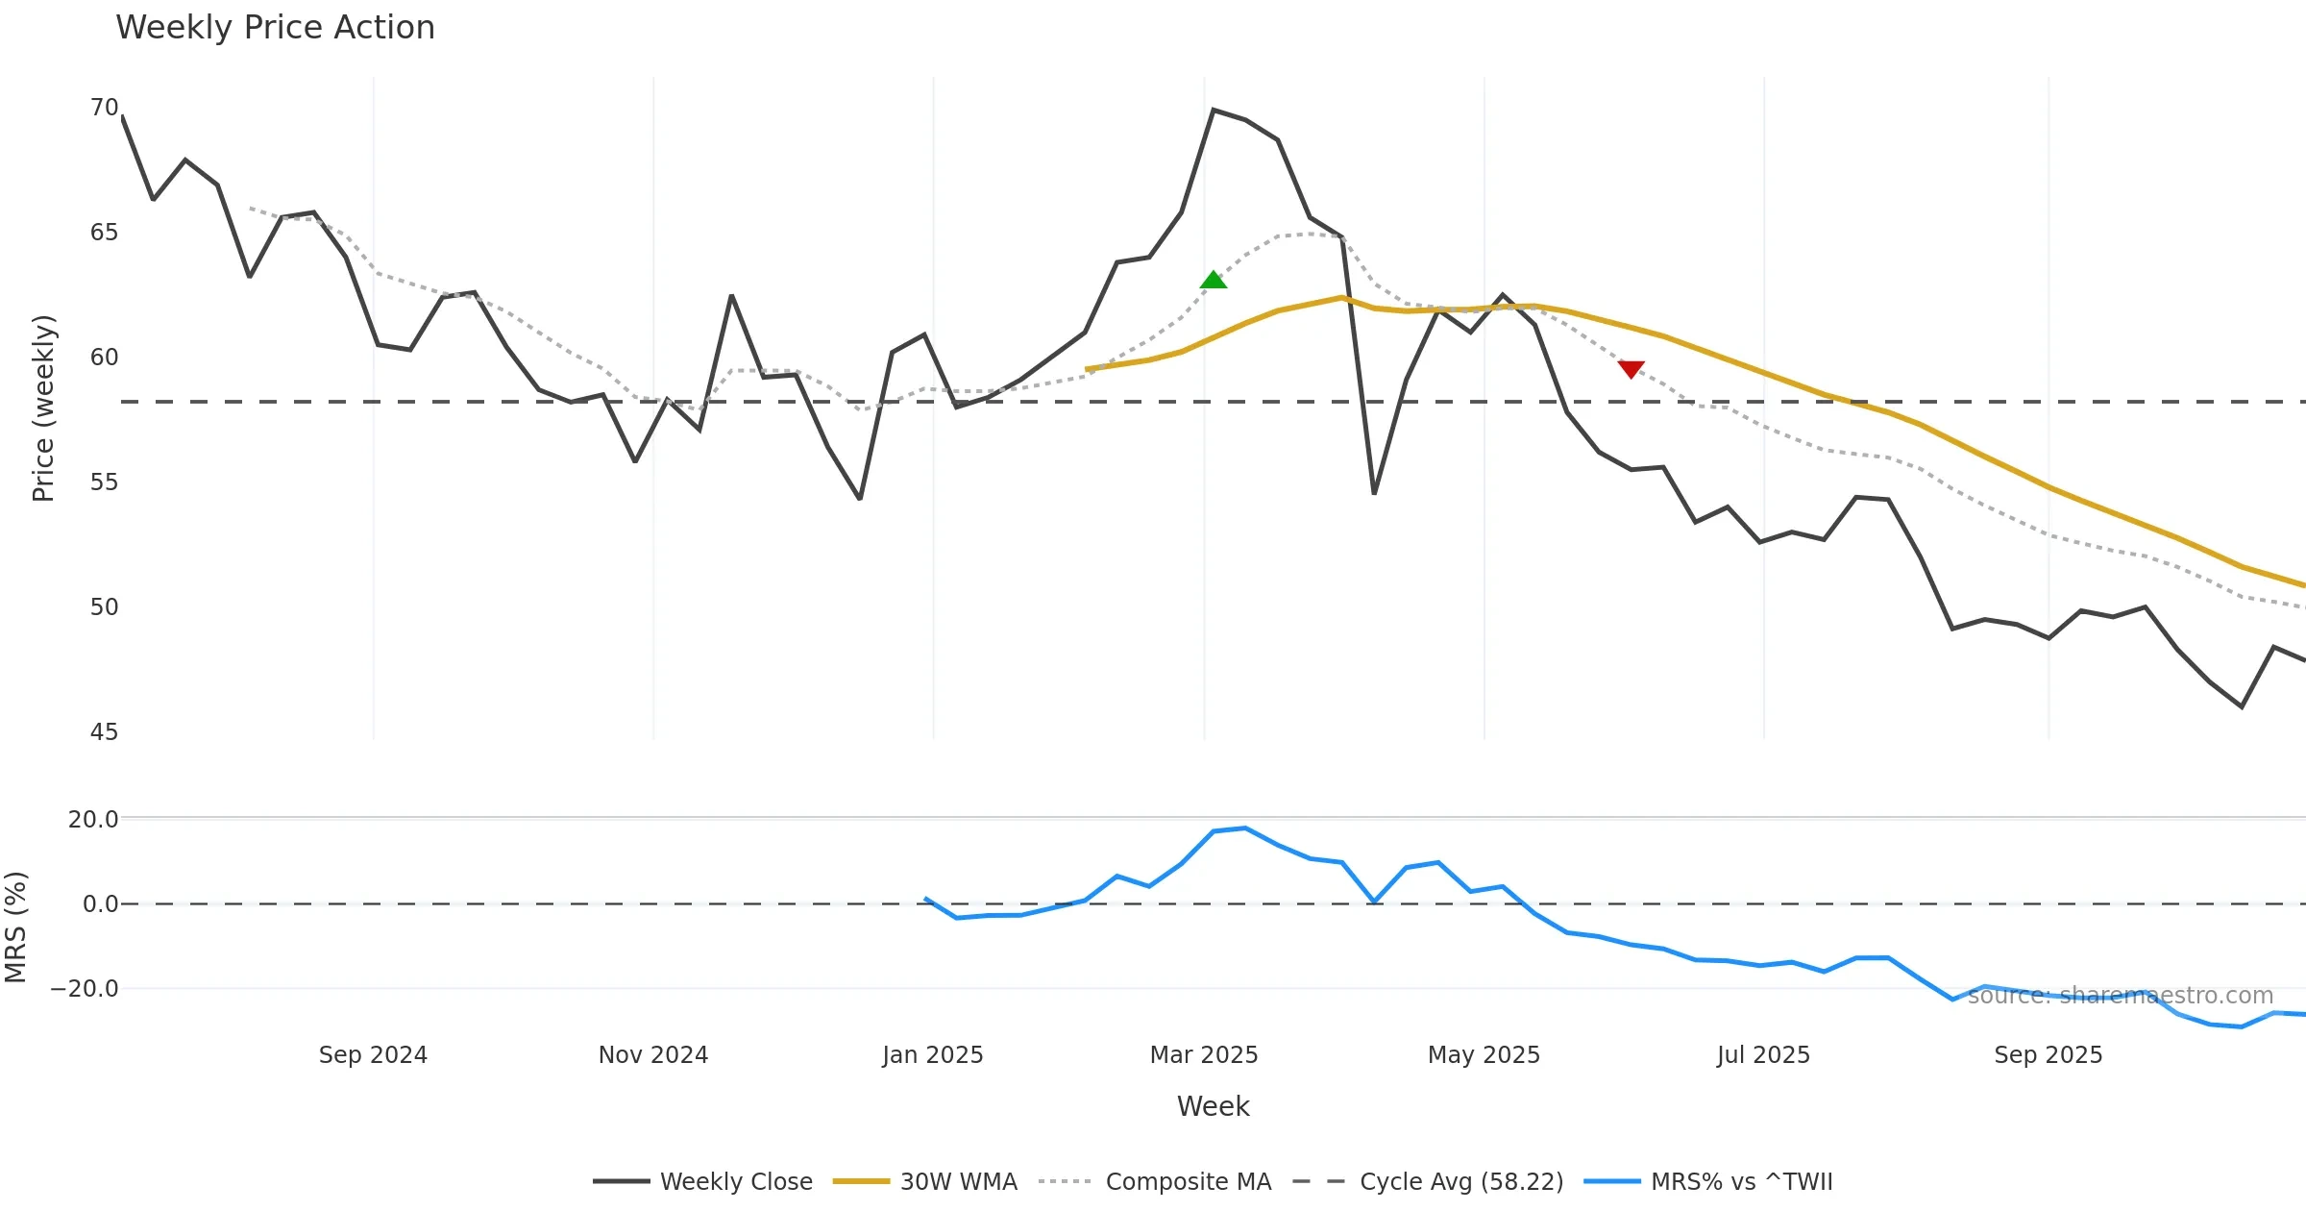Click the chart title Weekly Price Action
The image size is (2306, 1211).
click(275, 28)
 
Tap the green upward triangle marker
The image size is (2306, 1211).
click(1214, 280)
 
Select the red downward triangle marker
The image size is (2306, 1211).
click(1631, 369)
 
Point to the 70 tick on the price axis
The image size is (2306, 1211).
click(104, 108)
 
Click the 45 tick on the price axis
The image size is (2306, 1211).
click(104, 732)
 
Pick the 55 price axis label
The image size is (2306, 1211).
click(104, 482)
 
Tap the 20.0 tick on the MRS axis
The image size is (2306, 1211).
click(93, 820)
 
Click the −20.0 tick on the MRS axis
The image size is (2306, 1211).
click(85, 989)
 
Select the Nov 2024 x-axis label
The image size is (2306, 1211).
click(653, 1055)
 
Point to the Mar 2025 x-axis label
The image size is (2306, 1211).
click(1204, 1055)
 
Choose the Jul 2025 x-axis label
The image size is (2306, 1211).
click(1763, 1055)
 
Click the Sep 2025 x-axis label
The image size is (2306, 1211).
click(2048, 1055)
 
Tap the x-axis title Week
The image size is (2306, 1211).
click(1214, 1107)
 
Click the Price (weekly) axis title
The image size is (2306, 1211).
click(44, 408)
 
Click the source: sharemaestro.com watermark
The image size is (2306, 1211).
click(2120, 996)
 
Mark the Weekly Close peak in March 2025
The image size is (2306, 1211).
click(1214, 111)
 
